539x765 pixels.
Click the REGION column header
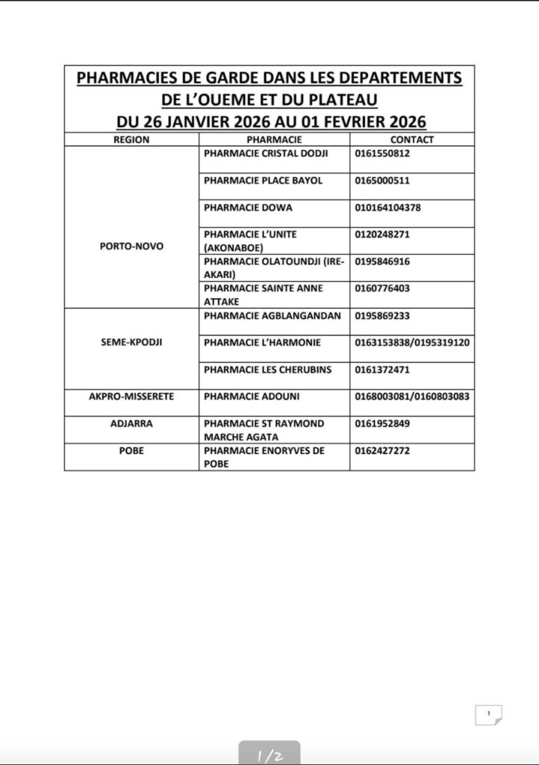coord(131,140)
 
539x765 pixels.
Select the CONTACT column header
coord(411,140)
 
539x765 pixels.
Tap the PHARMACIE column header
coord(273,140)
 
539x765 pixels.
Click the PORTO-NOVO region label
coord(131,246)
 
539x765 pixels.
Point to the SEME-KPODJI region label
coord(131,342)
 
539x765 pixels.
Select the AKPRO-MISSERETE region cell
coord(131,397)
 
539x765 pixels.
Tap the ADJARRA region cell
coord(131,424)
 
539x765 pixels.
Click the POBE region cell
coord(131,451)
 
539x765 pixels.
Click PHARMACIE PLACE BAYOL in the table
coord(252,181)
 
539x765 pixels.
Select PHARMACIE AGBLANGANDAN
coord(272,316)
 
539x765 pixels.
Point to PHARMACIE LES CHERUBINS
coord(267,370)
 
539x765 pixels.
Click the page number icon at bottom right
coord(488,715)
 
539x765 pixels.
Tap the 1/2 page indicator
coord(269,755)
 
